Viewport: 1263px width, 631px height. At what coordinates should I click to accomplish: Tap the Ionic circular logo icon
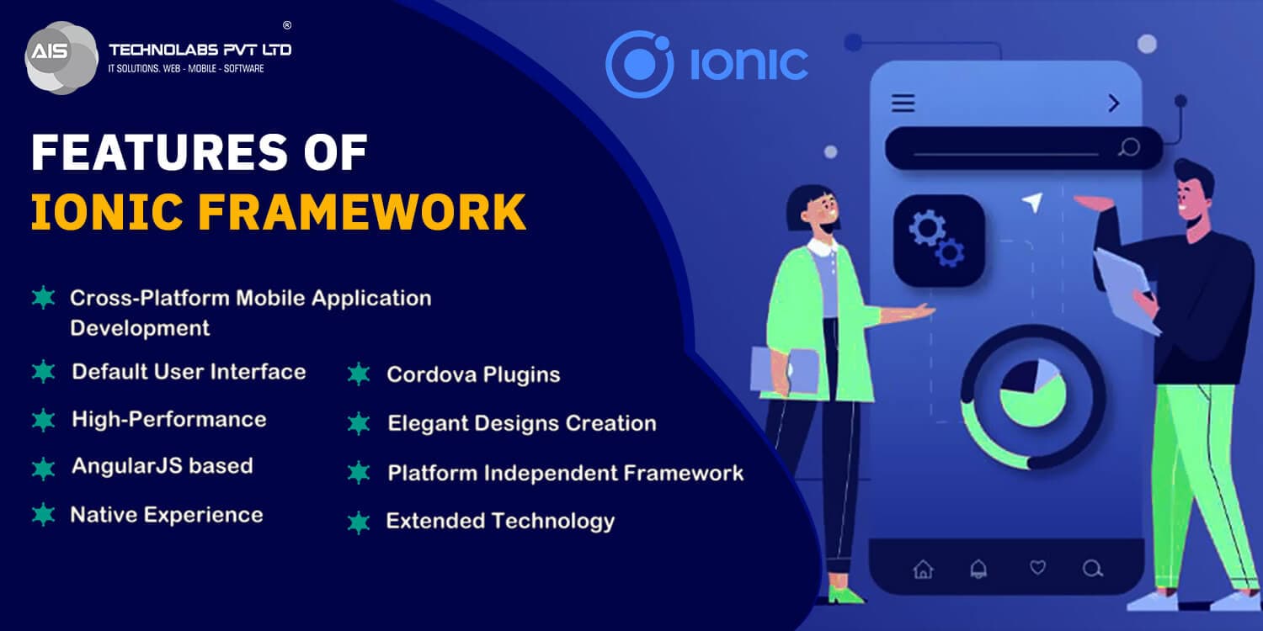(x=639, y=64)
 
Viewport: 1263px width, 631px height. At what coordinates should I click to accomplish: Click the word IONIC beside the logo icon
(x=749, y=65)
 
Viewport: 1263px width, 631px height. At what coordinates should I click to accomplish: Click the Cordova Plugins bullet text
(x=473, y=375)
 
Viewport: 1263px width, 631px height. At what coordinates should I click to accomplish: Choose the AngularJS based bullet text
(x=162, y=466)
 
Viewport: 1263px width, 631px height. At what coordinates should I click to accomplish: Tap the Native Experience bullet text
(x=167, y=515)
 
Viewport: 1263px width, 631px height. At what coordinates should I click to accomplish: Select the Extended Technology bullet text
(x=500, y=522)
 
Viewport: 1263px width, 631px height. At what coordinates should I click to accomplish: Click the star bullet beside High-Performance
(x=43, y=420)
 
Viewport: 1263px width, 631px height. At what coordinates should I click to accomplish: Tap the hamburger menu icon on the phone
(x=903, y=103)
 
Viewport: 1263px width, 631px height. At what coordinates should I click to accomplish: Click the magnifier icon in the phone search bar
(x=1128, y=147)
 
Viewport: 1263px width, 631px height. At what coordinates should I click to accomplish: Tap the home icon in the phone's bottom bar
(x=923, y=569)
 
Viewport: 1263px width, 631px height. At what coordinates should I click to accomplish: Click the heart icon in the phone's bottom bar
(x=1037, y=568)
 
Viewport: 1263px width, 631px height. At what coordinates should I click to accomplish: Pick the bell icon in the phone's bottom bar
(x=978, y=569)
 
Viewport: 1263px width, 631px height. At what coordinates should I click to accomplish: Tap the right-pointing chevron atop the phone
(x=1114, y=103)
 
